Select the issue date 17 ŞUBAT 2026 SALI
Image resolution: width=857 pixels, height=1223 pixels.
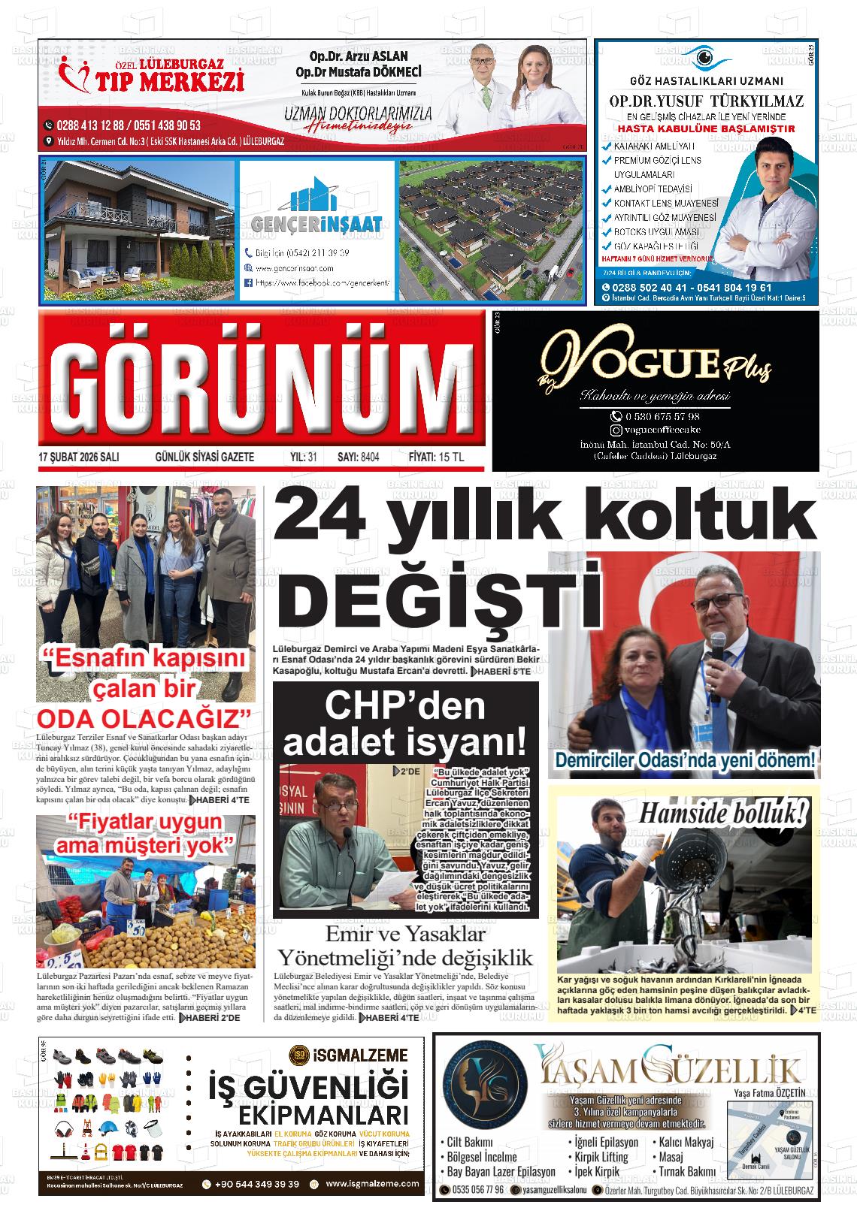tap(79, 457)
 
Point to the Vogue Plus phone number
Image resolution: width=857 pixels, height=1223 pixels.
tap(656, 416)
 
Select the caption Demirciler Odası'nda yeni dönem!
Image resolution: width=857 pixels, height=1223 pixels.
tap(684, 759)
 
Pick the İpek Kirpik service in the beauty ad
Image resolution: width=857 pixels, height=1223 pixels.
tap(597, 1170)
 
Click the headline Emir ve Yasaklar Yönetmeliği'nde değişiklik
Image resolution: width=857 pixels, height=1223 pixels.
tap(405, 947)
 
